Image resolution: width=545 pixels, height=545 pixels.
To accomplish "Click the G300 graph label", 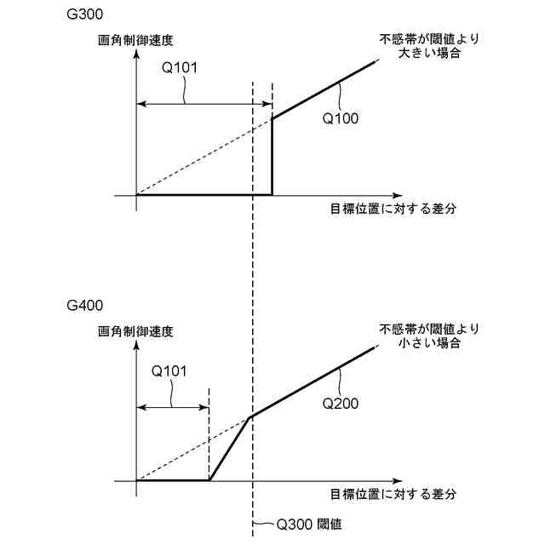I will pyautogui.click(x=81, y=15).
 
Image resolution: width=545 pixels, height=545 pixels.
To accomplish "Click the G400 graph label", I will pyautogui.click(x=81, y=304).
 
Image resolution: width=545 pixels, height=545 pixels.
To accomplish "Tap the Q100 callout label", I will pyautogui.click(x=340, y=119).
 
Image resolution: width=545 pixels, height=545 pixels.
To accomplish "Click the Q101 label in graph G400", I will pyautogui.click(x=169, y=371).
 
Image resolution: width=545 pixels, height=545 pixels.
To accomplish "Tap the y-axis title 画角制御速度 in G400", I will pyautogui.click(x=135, y=329).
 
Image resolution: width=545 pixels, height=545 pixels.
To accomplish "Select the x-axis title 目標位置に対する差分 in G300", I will pyautogui.click(x=394, y=208).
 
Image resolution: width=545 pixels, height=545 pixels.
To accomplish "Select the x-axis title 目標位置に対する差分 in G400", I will pyautogui.click(x=394, y=493).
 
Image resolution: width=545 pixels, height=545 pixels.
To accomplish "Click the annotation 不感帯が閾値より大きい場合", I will pyautogui.click(x=430, y=45).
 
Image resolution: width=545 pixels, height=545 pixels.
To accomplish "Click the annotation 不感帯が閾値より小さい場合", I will pyautogui.click(x=430, y=335).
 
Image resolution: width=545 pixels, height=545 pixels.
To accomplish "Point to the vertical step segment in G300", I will pyautogui.click(x=272, y=158).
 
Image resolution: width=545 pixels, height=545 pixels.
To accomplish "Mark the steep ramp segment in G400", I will pyautogui.click(x=230, y=449).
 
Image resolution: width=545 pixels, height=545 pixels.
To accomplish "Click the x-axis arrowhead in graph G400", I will pyautogui.click(x=322, y=480).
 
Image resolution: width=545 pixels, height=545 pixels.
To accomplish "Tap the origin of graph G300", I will pyautogui.click(x=136, y=195).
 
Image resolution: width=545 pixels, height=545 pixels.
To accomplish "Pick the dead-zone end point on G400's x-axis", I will pyautogui.click(x=209, y=480).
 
